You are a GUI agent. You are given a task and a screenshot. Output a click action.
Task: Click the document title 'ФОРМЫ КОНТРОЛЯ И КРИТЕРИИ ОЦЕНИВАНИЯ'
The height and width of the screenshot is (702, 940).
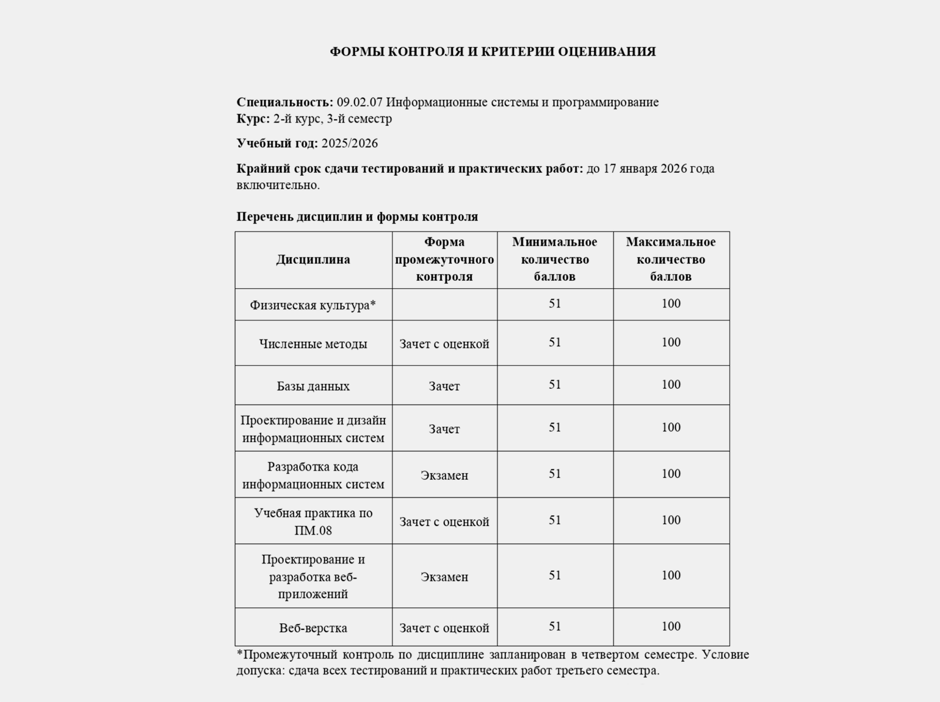coord(493,52)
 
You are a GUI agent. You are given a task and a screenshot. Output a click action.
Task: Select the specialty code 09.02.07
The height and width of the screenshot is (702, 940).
coord(360,102)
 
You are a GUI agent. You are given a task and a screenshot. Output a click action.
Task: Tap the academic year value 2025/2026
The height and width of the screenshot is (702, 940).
coord(349,143)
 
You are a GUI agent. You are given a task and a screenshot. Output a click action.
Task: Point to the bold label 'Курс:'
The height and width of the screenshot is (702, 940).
coord(253,118)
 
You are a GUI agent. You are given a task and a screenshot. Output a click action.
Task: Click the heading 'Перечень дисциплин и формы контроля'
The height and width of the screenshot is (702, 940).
coord(357,217)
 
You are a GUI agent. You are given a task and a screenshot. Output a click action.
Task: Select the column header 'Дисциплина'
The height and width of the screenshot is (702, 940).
coord(313,259)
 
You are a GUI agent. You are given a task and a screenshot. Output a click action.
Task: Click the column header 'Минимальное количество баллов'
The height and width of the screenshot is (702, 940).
coord(554,259)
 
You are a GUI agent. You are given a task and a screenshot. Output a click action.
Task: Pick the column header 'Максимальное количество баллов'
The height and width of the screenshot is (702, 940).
coord(671,259)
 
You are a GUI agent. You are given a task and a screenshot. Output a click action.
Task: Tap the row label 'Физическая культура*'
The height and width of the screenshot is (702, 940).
coord(313,305)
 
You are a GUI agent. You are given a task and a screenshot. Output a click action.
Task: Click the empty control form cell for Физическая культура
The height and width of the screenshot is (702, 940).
coord(444,305)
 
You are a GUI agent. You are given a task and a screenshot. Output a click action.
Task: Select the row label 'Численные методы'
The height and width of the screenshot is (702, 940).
coord(313,344)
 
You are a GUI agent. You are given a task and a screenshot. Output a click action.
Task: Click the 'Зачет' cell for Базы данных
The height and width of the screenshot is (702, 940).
coord(444,386)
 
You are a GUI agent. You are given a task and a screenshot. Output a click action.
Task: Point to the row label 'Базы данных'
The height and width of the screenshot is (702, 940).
coord(313,386)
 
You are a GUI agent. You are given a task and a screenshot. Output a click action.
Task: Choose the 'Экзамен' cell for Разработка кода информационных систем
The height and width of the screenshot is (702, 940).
coord(444,475)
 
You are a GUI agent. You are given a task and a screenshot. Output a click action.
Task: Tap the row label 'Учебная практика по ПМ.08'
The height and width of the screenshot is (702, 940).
coord(313,521)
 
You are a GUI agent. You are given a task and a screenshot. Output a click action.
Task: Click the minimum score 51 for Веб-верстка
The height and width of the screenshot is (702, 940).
coord(555,626)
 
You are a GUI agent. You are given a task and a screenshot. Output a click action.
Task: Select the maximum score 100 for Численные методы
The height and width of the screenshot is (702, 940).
coord(671,342)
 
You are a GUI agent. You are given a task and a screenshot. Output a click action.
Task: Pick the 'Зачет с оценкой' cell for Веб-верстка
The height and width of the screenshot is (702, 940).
coord(444,628)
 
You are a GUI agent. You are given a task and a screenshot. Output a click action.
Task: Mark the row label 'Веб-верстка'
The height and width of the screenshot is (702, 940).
coord(313,628)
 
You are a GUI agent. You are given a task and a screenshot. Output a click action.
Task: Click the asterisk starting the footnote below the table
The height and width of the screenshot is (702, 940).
coord(240,653)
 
